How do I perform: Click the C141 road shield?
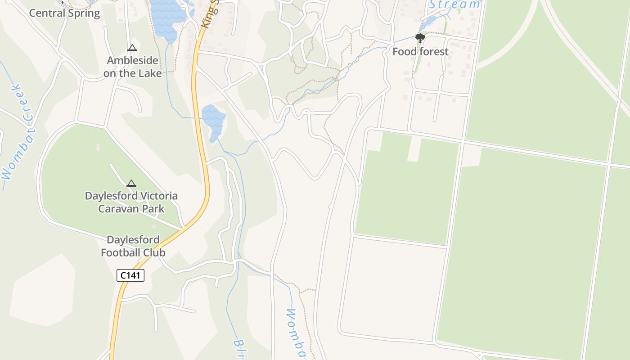tap(130, 275)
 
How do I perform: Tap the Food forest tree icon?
tap(420, 38)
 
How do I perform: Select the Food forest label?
tap(420, 52)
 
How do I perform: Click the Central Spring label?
tap(64, 13)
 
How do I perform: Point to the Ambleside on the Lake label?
tap(132, 67)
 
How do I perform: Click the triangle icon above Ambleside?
tap(132, 48)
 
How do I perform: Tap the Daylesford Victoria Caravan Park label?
tap(131, 202)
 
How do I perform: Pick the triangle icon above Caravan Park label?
tap(131, 183)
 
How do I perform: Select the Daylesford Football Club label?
tap(133, 246)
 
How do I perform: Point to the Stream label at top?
tap(454, 4)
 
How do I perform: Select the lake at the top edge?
tap(167, 16)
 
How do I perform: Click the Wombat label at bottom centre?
tap(296, 333)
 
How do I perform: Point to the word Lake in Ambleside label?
tap(149, 73)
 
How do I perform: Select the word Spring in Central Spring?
tap(84, 13)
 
